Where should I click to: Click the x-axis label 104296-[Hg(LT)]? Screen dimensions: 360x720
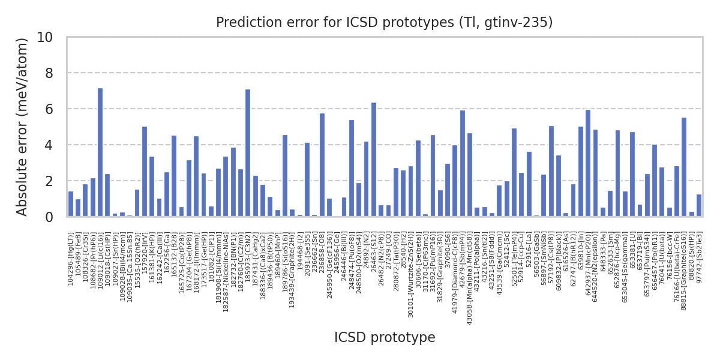71,259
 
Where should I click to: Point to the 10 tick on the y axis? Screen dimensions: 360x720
45,37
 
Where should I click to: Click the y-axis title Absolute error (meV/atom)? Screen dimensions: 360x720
22,127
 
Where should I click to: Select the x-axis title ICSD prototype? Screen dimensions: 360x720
385,338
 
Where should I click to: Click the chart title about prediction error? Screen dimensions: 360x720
385,23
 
